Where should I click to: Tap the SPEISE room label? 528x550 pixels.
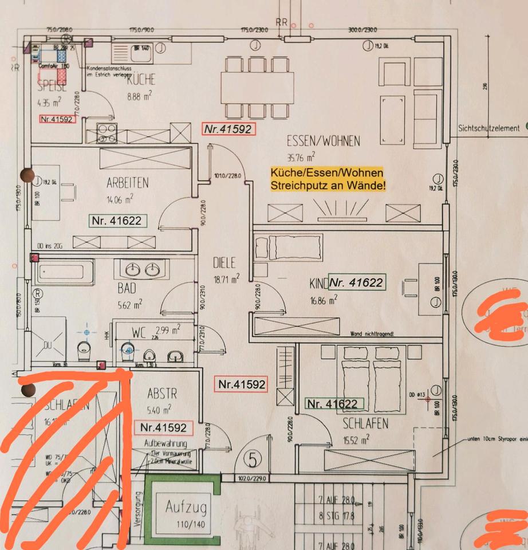pyautogui.click(x=52, y=88)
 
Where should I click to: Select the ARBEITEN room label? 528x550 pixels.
pyautogui.click(x=127, y=183)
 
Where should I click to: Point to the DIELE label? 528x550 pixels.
pyautogui.click(x=224, y=264)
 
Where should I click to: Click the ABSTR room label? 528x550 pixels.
pyautogui.click(x=162, y=394)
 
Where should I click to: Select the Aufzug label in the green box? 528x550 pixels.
pyautogui.click(x=186, y=507)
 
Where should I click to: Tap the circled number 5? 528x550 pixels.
pyautogui.click(x=252, y=459)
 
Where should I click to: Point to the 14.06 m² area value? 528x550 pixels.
pyautogui.click(x=120, y=199)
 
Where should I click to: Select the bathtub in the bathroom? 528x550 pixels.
pyautogui.click(x=64, y=272)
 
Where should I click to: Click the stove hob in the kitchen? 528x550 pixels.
pyautogui.click(x=107, y=133)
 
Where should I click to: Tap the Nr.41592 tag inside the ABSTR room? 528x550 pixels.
pyautogui.click(x=163, y=427)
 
